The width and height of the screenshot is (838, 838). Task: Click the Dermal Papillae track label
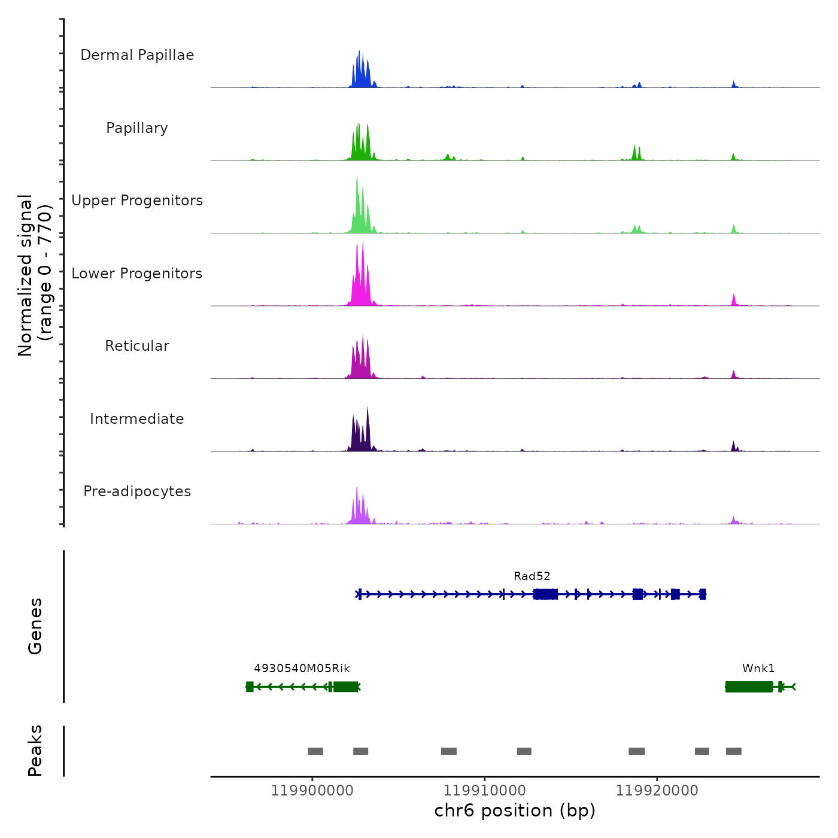pyautogui.click(x=137, y=55)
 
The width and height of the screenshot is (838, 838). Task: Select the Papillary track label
pyautogui.click(x=137, y=128)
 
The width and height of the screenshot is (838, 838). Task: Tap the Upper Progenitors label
pyautogui.click(x=137, y=201)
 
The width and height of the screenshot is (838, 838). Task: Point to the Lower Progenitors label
pyautogui.click(x=137, y=274)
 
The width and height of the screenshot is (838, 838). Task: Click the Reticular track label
pyautogui.click(x=137, y=346)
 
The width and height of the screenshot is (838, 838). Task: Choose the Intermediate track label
pyautogui.click(x=137, y=419)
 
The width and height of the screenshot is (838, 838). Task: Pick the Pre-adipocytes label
pyautogui.click(x=137, y=491)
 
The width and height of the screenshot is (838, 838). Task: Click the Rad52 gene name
pyautogui.click(x=532, y=576)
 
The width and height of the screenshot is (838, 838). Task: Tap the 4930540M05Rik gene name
pyautogui.click(x=302, y=669)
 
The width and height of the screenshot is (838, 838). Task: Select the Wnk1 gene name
pyautogui.click(x=758, y=669)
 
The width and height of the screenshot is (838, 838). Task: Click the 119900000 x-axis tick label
pyautogui.click(x=312, y=791)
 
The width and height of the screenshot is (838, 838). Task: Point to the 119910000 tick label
pyautogui.click(x=484, y=791)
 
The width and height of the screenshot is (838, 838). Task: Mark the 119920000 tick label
pyautogui.click(x=657, y=791)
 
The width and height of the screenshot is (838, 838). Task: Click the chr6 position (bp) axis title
pyautogui.click(x=515, y=810)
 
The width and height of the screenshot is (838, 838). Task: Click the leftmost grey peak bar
pyautogui.click(x=315, y=751)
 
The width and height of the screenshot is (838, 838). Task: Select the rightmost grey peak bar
pyautogui.click(x=734, y=751)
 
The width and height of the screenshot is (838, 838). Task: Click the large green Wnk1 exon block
pyautogui.click(x=749, y=687)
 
